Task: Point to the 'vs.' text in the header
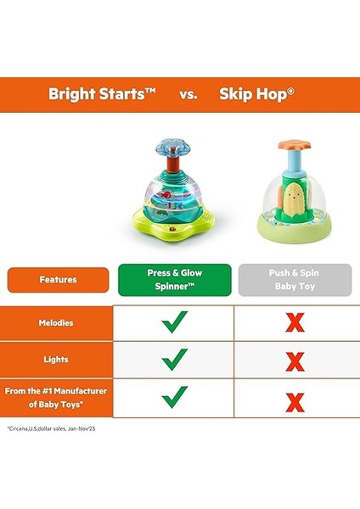tap(188, 94)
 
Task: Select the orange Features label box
tap(59, 279)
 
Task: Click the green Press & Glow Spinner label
tap(173, 279)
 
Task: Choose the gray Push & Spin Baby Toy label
tap(295, 279)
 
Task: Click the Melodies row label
tap(56, 322)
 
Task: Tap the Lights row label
tap(56, 359)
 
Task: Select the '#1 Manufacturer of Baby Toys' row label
tap(56, 396)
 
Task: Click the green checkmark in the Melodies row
tap(174, 322)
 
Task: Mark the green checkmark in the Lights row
tap(174, 359)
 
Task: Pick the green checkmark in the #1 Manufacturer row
tap(174, 396)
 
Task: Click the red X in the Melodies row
tap(295, 323)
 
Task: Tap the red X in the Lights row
tap(295, 360)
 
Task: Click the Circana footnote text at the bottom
tap(53, 428)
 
